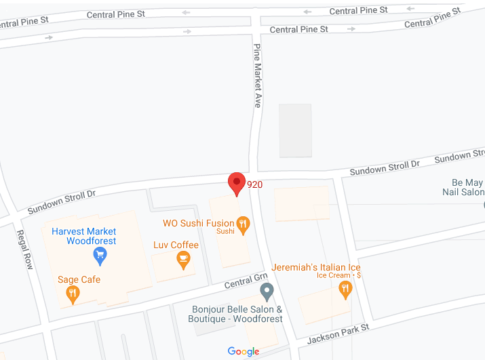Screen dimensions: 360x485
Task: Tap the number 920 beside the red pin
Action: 254,184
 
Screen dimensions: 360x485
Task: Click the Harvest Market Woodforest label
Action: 84,236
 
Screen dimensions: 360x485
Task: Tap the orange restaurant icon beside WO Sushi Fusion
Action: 243,223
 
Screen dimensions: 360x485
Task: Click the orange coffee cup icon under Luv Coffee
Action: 183,259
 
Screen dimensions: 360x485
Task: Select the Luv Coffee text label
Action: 176,245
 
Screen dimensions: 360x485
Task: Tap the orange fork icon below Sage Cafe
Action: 72,294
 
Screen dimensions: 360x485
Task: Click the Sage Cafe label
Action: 79,279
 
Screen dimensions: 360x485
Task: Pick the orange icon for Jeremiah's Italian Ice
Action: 345,289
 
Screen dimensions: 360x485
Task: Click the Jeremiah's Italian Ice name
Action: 316,267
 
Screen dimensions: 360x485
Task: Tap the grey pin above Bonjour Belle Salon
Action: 267,292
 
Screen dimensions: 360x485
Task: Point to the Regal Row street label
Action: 24,249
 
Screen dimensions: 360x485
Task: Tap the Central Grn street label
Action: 246,281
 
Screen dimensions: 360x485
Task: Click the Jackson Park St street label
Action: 338,333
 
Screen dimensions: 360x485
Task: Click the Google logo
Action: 243,351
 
